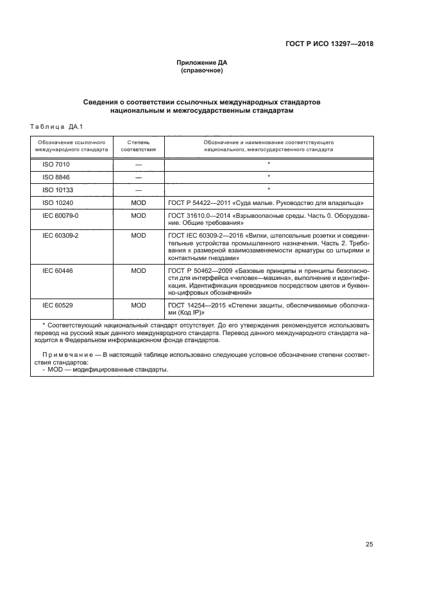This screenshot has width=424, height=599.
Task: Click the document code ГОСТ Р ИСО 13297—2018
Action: tap(329, 44)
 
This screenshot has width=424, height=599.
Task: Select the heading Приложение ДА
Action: tap(202, 63)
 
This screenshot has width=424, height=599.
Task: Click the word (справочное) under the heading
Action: tap(202, 70)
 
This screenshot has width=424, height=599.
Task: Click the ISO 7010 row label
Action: tap(56, 165)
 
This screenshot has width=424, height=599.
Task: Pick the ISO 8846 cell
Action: tap(56, 177)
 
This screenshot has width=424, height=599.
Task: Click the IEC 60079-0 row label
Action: tap(60, 216)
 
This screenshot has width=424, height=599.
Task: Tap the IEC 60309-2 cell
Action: tap(60, 236)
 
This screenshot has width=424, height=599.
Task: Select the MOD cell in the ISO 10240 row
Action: tap(139, 202)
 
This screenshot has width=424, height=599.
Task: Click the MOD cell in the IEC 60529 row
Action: tap(139, 306)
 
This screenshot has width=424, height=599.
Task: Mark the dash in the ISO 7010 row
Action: tap(139, 165)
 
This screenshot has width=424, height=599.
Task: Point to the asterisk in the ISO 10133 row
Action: tap(268, 189)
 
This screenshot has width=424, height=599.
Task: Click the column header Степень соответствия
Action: tap(139, 145)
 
